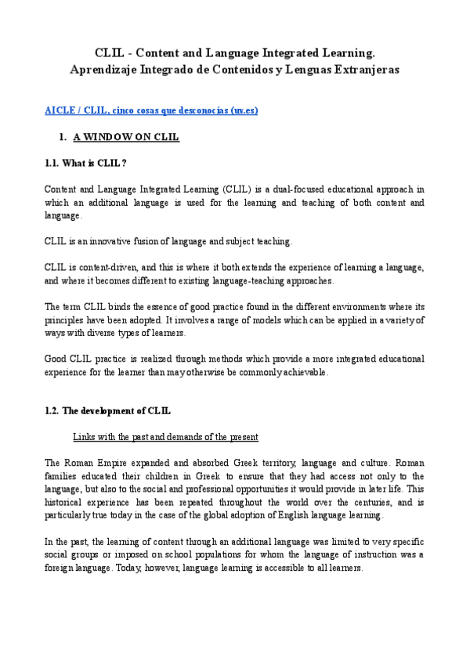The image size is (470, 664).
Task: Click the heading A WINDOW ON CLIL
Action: tap(126, 137)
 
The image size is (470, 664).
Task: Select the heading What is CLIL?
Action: tap(86, 163)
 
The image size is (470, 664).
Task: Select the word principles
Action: tap(64, 319)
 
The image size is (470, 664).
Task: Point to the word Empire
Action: tap(109, 463)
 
